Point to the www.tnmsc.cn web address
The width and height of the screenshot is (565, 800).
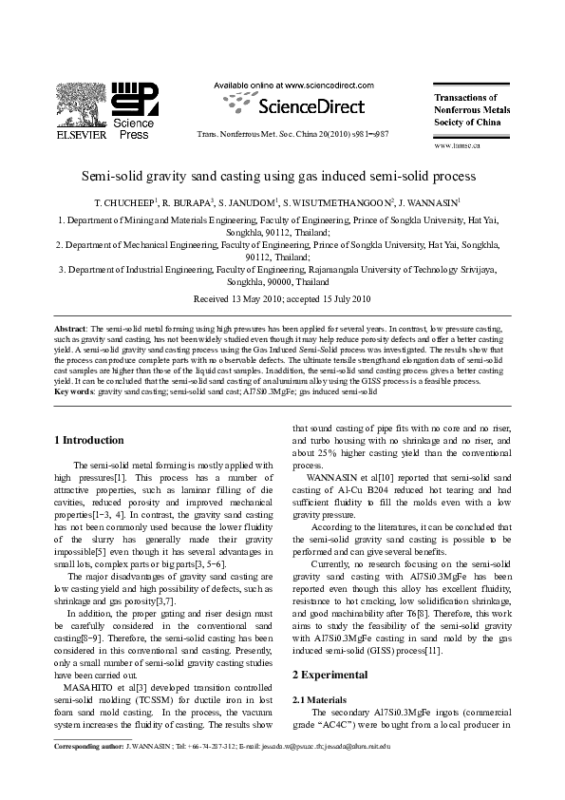(457, 145)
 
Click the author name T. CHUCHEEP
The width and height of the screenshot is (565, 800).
(121, 203)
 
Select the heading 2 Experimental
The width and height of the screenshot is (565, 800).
(330, 675)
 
